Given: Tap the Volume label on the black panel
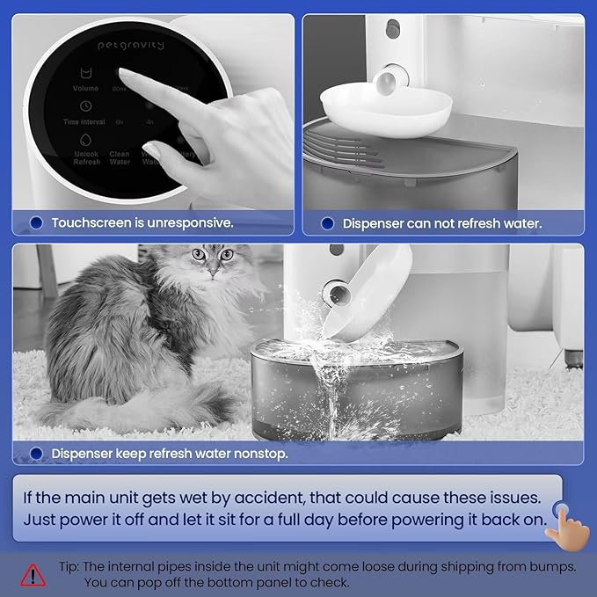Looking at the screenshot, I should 86,89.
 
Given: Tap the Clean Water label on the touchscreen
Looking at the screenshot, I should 120,158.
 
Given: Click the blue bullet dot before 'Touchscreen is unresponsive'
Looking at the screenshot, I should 36,223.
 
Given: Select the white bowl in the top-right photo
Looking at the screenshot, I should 386,106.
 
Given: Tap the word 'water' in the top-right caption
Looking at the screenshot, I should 523,224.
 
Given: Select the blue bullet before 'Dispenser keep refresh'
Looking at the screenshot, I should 36,455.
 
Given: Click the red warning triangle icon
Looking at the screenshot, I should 34,574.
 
